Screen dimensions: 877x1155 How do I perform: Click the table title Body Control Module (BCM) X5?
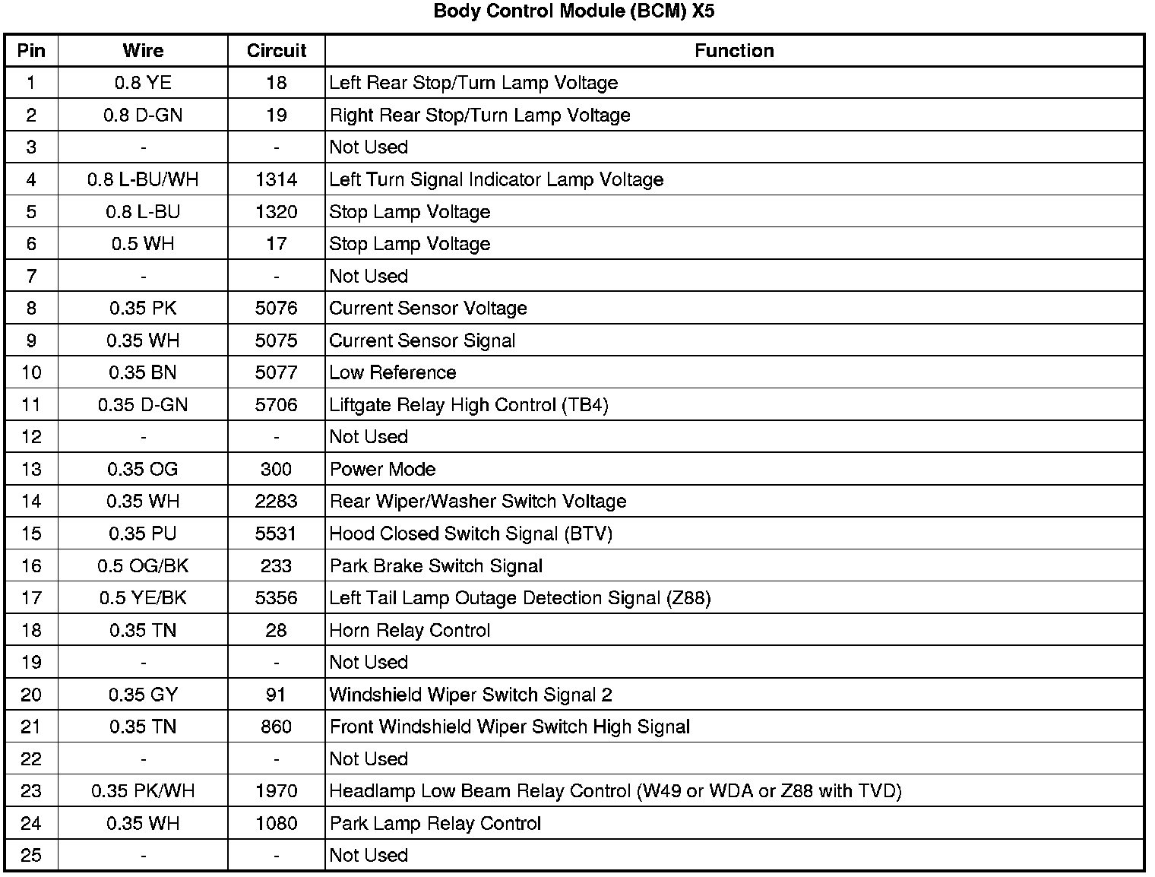click(x=574, y=11)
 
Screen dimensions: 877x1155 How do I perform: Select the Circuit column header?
click(x=276, y=51)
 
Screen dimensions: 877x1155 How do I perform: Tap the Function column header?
click(x=734, y=51)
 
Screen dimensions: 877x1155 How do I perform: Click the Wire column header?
click(x=143, y=51)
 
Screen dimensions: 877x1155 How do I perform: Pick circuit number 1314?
click(x=276, y=179)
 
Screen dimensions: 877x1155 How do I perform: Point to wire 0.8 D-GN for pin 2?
click(x=143, y=116)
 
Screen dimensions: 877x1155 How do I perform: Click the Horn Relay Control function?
click(x=410, y=630)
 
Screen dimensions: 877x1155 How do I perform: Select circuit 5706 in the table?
click(x=276, y=405)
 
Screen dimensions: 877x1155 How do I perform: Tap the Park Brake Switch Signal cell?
click(x=435, y=566)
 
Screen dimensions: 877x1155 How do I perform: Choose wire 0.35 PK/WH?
click(x=143, y=791)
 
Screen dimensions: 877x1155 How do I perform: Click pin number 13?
click(x=31, y=469)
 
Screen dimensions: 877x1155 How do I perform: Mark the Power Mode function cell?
click(x=382, y=469)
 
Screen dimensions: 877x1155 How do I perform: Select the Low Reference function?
click(x=392, y=372)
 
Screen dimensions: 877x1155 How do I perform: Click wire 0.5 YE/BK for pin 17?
click(x=143, y=598)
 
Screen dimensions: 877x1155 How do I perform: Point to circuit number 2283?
click(x=276, y=502)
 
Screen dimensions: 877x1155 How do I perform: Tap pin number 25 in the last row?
click(x=31, y=856)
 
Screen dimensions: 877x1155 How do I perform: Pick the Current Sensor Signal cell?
click(x=422, y=340)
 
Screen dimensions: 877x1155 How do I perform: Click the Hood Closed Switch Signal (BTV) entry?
click(x=470, y=533)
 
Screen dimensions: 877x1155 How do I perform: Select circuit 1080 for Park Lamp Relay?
click(x=276, y=823)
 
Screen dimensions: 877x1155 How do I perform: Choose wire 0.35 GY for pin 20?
click(x=143, y=695)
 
